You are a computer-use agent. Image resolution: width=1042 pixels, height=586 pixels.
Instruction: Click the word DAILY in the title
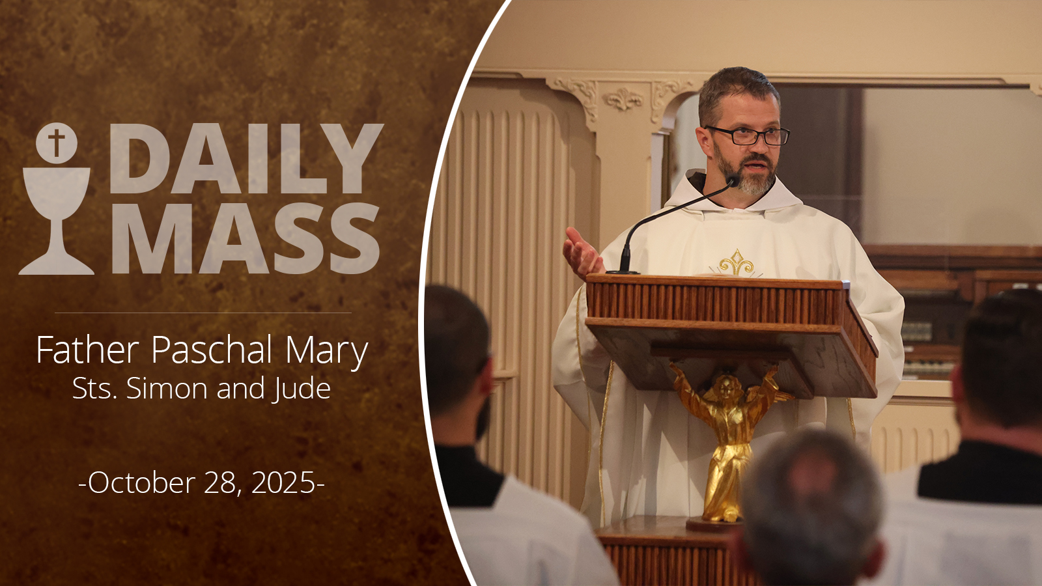[x=247, y=158]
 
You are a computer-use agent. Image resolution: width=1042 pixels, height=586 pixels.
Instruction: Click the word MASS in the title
[x=246, y=238]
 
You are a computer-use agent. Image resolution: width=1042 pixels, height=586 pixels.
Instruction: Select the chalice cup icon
[x=56, y=221]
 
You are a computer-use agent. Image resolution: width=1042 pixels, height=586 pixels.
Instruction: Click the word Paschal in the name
[x=212, y=350]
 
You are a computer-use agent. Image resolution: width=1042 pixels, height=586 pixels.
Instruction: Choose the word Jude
[x=302, y=388]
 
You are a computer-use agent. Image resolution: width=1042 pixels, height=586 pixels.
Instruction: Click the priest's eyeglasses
[x=748, y=135]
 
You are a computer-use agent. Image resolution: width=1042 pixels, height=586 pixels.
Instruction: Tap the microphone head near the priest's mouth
[x=733, y=180]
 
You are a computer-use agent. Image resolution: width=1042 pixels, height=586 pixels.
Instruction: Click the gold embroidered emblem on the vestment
[x=736, y=264]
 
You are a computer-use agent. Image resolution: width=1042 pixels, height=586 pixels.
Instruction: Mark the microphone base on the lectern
[x=623, y=271]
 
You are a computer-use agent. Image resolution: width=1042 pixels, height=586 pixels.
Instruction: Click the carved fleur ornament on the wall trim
[x=623, y=100]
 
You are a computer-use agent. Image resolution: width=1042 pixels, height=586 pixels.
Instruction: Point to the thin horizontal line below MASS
[x=203, y=313]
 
